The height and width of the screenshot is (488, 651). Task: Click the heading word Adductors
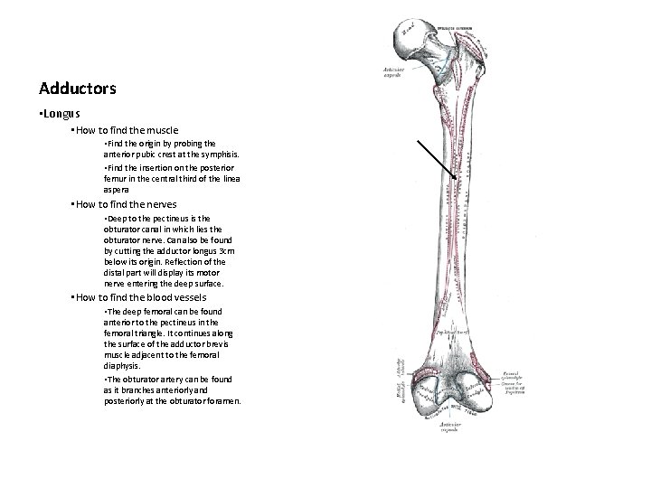[78, 89]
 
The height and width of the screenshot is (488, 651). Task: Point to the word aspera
[117, 191]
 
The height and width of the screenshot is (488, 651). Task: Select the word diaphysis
[123, 366]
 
